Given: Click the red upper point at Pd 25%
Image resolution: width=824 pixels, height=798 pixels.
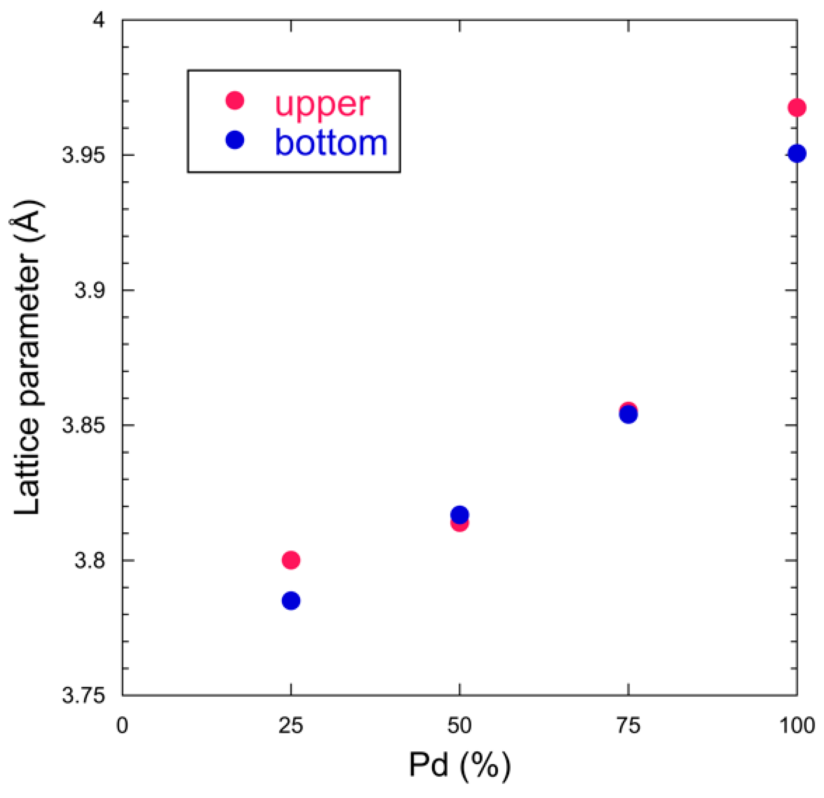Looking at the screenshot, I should [x=291, y=560].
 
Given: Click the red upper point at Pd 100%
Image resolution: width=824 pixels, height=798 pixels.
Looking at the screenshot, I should [x=797, y=108].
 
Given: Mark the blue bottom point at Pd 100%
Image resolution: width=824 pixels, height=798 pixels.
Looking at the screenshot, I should [x=797, y=153].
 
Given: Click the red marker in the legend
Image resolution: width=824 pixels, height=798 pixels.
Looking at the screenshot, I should [x=235, y=100].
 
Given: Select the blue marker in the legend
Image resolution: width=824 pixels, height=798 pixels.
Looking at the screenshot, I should [x=235, y=140].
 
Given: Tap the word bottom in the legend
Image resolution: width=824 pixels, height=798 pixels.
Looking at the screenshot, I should [x=331, y=143].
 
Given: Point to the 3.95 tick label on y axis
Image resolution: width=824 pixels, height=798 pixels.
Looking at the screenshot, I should [x=83, y=156].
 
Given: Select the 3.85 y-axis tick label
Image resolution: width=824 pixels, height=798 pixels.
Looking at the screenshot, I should [x=83, y=426].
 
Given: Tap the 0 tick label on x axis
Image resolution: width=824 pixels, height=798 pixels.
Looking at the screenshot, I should [x=122, y=726].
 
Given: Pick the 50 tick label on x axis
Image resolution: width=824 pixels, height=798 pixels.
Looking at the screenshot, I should [x=459, y=726].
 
